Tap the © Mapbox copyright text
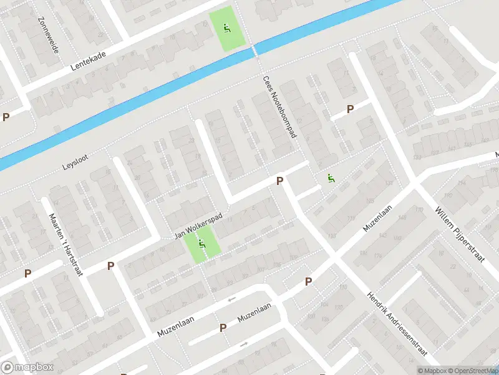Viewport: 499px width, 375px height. tap(431, 371)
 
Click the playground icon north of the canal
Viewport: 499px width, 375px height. tap(226, 27)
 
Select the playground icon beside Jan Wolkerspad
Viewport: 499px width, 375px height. tap(202, 244)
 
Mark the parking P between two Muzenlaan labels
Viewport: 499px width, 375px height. tap(223, 327)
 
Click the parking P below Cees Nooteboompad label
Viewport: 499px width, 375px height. tap(280, 181)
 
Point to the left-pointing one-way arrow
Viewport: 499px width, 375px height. tap(231, 299)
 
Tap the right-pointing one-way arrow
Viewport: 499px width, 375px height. tap(244, 344)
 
